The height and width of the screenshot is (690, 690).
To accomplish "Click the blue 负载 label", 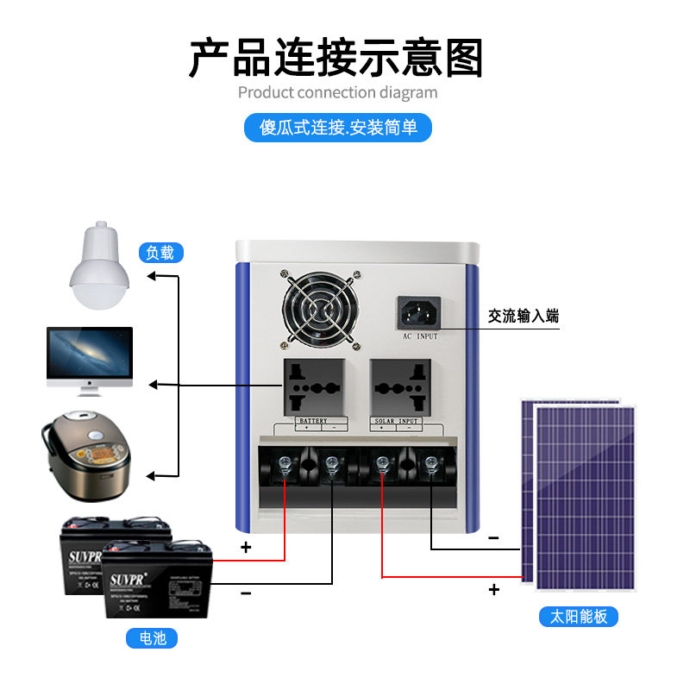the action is tap(160, 253).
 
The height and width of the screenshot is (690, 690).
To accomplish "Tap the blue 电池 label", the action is tap(152, 638).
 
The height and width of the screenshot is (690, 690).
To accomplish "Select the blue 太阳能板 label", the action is tap(579, 617).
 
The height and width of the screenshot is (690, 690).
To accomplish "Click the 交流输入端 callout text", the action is tap(524, 317).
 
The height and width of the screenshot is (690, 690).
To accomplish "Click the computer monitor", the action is tap(89, 360).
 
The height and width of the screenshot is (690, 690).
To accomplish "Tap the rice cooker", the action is tap(86, 456).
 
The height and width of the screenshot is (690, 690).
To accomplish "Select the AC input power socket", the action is tap(419, 312).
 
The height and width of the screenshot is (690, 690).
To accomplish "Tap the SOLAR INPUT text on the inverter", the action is tap(396, 421).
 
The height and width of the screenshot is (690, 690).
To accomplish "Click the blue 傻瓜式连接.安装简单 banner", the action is tap(338, 128).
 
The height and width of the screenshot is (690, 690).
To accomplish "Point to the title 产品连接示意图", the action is tap(336, 58).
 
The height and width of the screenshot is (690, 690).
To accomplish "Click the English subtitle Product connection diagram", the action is tap(337, 92).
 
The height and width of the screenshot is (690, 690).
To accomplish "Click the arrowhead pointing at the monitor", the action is tap(153, 383).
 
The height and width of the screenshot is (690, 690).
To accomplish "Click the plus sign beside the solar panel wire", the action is tap(494, 590).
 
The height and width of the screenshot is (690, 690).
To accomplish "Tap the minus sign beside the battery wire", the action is tap(246, 593).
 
